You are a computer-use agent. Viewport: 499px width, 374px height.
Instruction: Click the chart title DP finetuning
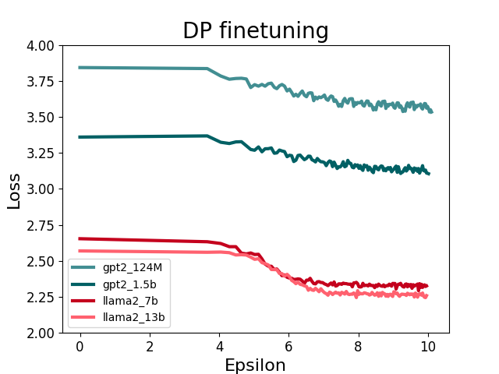click(x=255, y=30)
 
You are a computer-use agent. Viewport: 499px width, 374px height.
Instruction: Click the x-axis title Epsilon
click(x=255, y=365)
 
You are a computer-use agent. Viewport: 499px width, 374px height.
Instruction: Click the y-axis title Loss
click(x=14, y=189)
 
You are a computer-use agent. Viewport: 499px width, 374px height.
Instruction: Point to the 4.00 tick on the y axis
click(x=41, y=46)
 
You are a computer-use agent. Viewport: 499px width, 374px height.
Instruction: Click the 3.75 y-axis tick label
click(x=41, y=82)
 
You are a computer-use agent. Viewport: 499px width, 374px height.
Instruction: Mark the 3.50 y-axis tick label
click(x=41, y=118)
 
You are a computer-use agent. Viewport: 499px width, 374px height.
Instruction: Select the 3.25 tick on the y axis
click(x=41, y=153)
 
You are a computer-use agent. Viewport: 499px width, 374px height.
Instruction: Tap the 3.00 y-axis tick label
click(x=41, y=189)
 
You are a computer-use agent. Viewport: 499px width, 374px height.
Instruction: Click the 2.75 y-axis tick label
click(x=41, y=225)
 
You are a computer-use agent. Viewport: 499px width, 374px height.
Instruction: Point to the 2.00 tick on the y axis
click(x=41, y=333)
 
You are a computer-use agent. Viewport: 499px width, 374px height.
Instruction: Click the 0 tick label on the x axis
click(x=80, y=344)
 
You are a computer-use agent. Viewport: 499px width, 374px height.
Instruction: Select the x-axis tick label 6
click(x=288, y=344)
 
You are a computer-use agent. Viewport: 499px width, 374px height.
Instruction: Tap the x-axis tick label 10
click(x=428, y=344)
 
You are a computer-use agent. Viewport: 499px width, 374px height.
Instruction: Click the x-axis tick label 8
click(x=359, y=344)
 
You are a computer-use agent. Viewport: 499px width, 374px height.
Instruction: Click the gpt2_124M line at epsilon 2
click(x=149, y=69)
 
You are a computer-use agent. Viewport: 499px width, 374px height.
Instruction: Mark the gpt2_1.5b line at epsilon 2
click(x=149, y=136)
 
